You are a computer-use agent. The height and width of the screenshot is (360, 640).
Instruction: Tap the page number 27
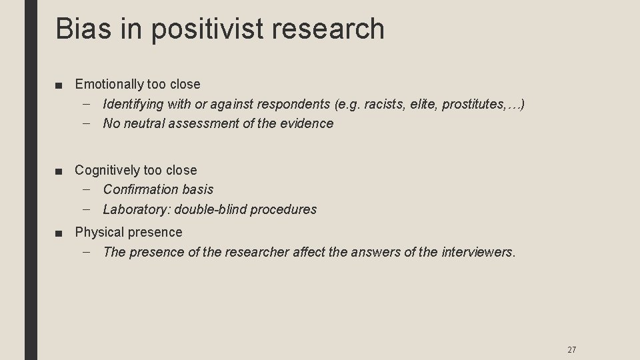point(571,349)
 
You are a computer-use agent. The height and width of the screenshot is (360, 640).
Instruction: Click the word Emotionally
point(109,84)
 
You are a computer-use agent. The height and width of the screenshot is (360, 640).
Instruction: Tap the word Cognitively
point(107,170)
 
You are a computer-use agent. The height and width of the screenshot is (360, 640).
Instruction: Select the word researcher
point(257,252)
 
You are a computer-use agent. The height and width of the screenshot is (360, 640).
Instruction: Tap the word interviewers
point(478,252)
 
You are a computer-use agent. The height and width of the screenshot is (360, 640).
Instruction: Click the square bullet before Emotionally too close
point(61,85)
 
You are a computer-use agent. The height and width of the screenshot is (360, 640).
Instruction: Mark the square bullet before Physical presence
point(61,233)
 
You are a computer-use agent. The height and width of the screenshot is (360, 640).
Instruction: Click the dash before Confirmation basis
point(89,189)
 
